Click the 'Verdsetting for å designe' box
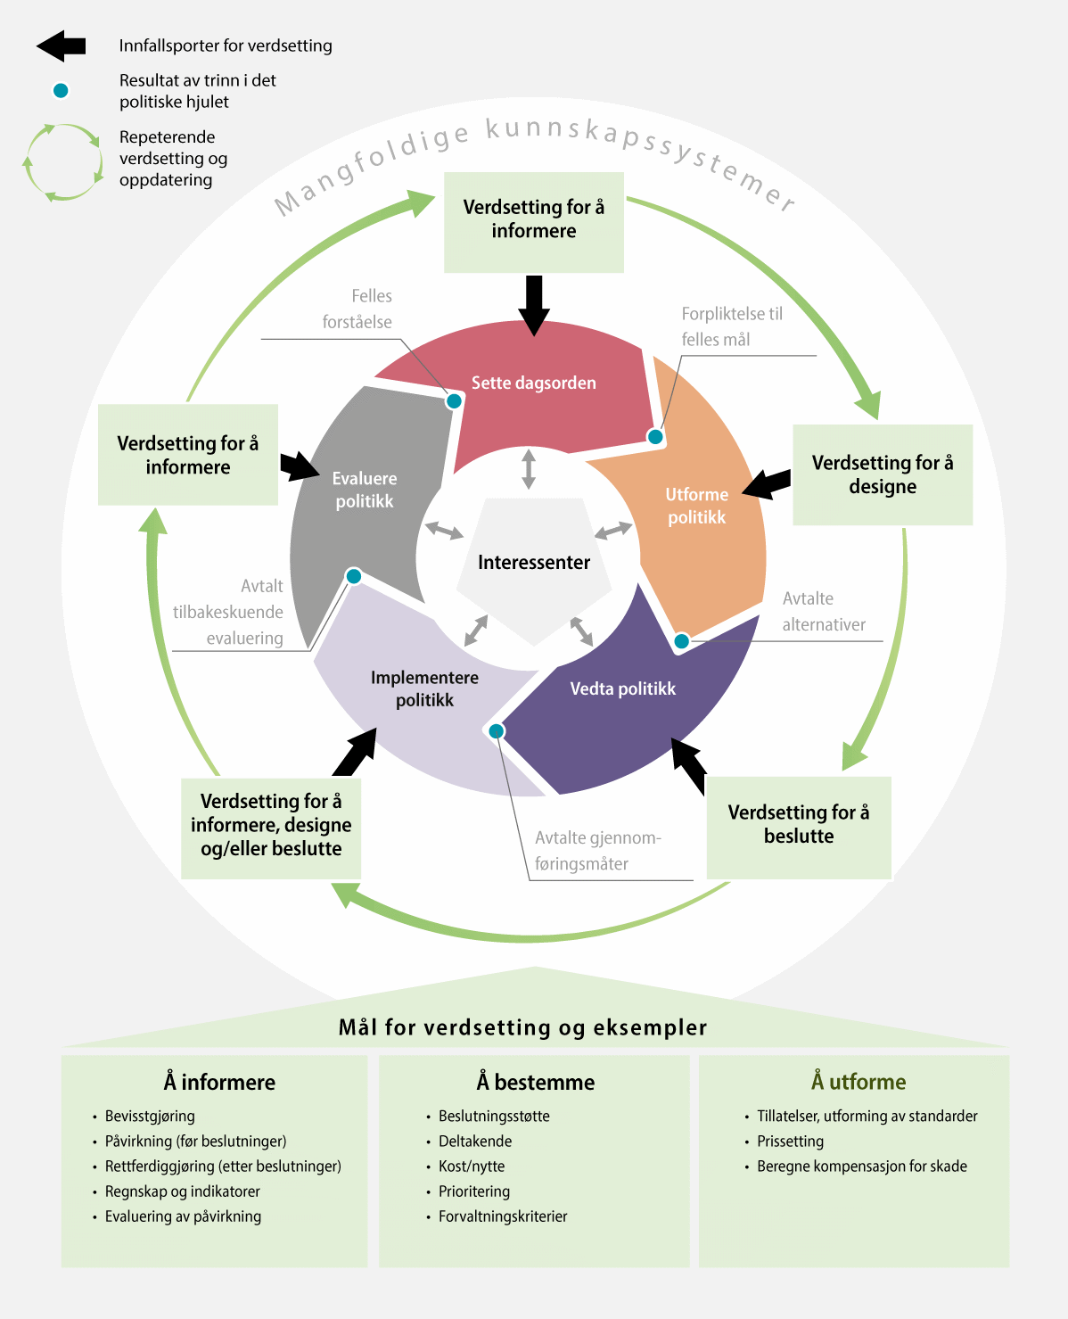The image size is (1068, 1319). click(x=883, y=474)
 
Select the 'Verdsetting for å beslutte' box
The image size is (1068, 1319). click(x=799, y=825)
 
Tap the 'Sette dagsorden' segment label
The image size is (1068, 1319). click(x=533, y=383)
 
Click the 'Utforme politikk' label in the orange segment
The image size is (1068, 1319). click(x=697, y=506)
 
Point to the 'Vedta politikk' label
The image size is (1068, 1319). click(x=622, y=688)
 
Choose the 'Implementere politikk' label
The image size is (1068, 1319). click(x=424, y=688)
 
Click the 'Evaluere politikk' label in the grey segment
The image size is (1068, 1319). click(x=365, y=490)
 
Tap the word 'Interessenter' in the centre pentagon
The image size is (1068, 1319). click(x=533, y=563)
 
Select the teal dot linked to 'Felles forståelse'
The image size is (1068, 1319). click(x=454, y=401)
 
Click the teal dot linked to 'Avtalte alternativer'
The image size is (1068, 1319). click(x=681, y=641)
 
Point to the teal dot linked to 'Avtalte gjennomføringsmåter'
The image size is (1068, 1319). click(x=497, y=731)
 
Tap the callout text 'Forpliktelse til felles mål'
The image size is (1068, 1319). click(x=732, y=326)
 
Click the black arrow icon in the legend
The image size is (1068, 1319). click(x=62, y=45)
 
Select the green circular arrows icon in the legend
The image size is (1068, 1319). click(x=62, y=161)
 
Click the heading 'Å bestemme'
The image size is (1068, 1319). click(x=535, y=1082)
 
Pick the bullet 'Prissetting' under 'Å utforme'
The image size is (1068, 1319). click(x=790, y=1142)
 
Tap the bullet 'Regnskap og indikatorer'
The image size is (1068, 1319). click(x=182, y=1191)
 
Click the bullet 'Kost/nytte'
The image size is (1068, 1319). click(x=471, y=1166)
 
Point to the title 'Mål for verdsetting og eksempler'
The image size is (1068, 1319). click(x=522, y=1027)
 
